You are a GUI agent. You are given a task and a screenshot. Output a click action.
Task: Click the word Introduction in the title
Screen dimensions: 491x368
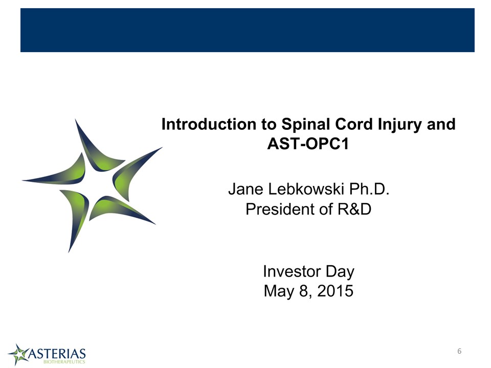point(209,124)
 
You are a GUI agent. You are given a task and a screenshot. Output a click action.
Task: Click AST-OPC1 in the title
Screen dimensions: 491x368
point(308,144)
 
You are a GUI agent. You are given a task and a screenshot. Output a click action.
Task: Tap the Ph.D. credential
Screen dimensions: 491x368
point(369,189)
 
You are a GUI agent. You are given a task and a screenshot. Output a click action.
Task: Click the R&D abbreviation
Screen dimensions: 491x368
point(354,209)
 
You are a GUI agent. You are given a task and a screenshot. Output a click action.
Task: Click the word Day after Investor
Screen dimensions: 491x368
point(340,272)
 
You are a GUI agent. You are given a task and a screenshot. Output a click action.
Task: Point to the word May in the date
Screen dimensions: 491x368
point(279,291)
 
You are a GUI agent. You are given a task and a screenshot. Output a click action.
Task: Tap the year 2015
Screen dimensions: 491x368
point(335,291)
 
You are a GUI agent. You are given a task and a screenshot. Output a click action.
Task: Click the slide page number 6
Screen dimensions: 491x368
point(459,351)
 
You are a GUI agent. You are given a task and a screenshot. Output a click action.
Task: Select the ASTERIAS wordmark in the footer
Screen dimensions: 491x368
point(57,354)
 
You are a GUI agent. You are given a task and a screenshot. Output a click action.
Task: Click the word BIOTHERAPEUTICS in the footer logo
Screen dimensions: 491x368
point(64,362)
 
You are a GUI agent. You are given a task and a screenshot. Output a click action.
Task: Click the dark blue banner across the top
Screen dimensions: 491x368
point(248,30)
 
